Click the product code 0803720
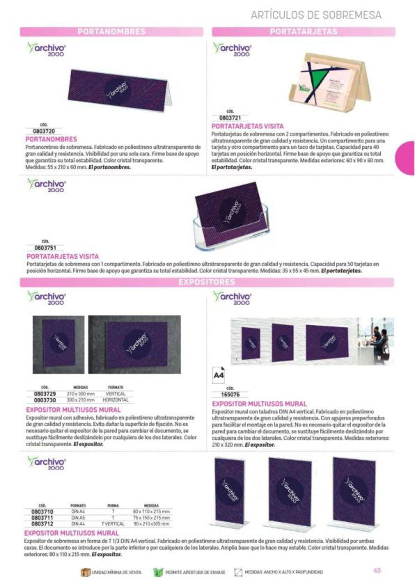pos(44,131)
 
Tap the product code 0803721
pos(230,118)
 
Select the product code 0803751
pos(45,248)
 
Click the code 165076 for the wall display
pos(230,394)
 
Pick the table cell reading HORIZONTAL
pos(116,400)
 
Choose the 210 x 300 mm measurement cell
pos(81,394)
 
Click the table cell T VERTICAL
pos(113,524)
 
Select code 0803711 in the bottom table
pos(42,518)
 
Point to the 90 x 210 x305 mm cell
pos(151,524)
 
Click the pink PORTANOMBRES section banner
pos(111,32)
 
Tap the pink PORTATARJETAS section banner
pos(303,32)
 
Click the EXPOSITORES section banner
pos(206,282)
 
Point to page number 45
pos(377,570)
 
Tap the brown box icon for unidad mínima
pos(85,572)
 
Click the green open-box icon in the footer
pos(158,572)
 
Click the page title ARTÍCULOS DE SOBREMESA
pos(316,15)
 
